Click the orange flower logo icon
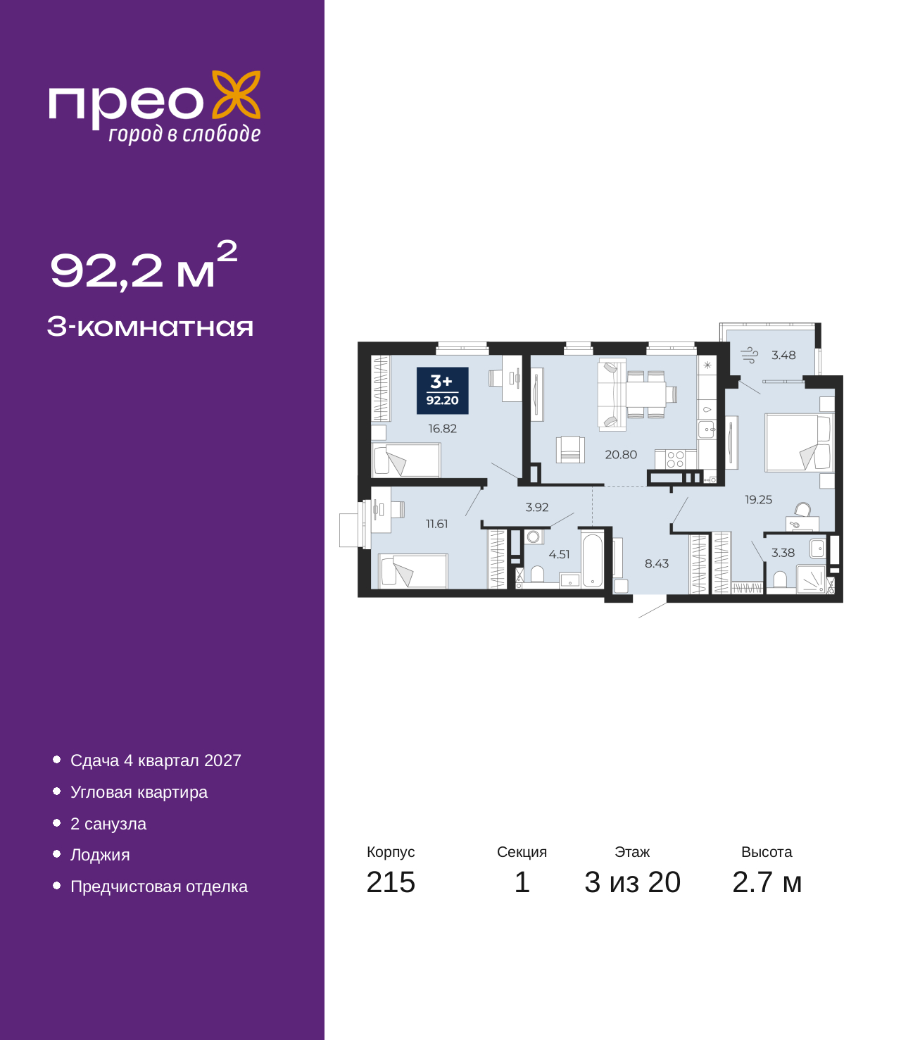236,95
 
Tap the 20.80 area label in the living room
621,454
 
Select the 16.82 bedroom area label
442,428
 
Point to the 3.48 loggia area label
783,355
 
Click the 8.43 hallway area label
657,563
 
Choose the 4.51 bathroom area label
559,554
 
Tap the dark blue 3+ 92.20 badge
442,391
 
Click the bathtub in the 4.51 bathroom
593,560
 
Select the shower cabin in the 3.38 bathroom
811,579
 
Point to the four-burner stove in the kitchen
675,459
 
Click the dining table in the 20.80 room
646,394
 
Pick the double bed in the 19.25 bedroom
799,442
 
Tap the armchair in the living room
570,449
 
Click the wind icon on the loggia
750,355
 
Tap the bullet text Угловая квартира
139,792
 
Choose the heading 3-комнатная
150,327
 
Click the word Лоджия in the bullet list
100,855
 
